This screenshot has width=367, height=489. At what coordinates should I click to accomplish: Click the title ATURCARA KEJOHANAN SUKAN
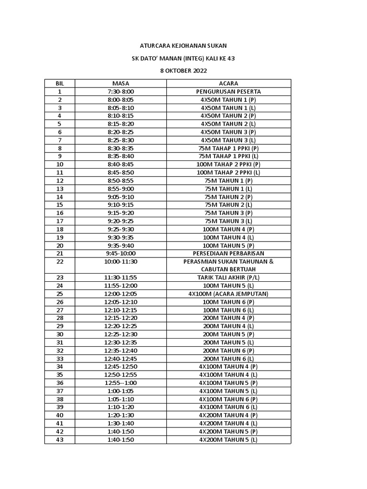coord(183,45)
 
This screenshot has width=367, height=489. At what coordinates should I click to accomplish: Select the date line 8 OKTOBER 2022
coord(183,71)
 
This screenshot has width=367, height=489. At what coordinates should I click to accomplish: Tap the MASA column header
coord(120,83)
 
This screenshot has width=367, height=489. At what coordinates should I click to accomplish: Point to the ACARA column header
coord(228,83)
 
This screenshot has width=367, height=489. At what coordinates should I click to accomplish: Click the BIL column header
coord(60,83)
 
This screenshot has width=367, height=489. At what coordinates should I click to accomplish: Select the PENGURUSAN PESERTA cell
coord(228,91)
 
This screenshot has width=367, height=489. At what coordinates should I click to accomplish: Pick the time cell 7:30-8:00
coord(120,91)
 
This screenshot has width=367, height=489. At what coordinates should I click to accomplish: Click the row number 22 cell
coord(60,262)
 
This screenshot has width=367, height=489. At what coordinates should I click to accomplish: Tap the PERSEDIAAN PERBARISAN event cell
coord(228,253)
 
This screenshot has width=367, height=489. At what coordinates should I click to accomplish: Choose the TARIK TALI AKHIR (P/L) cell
coord(228,277)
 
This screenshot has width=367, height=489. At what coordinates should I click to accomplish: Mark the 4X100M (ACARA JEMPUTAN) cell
coord(228,294)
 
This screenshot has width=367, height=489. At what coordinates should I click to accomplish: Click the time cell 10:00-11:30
coord(120,262)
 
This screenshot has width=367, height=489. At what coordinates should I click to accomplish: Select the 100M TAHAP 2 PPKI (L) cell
coord(228,172)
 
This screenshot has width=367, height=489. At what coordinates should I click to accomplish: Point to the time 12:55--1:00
coord(120,383)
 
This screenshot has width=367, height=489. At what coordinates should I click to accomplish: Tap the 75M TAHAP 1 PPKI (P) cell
coord(228,148)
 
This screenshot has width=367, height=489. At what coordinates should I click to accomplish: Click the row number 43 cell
coord(60,440)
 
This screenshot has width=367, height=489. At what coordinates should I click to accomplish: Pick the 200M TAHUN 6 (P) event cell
coord(228,351)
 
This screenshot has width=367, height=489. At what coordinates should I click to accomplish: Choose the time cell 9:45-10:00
coord(120,253)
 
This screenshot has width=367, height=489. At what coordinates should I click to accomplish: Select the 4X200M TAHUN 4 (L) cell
coord(228,424)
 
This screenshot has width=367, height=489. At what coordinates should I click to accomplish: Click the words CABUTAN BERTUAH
coord(228,270)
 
